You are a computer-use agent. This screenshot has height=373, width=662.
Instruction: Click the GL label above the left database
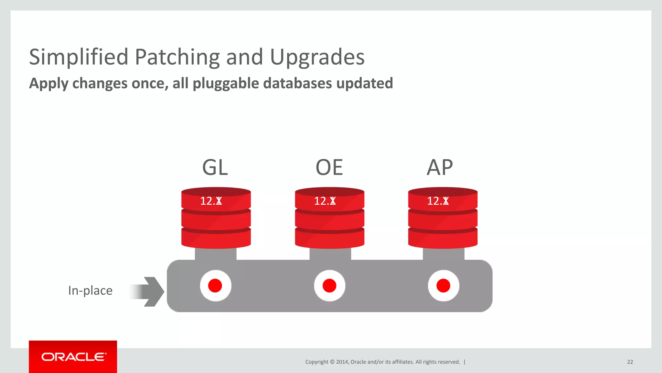[215, 167]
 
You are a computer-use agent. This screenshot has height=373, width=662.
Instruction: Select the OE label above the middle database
[329, 167]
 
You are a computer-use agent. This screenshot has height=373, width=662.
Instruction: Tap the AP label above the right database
[440, 167]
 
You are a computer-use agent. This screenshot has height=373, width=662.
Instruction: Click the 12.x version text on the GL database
[211, 201]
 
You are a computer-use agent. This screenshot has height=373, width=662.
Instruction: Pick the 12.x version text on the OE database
[325, 201]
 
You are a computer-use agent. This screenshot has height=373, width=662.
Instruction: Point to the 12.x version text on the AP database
[438, 201]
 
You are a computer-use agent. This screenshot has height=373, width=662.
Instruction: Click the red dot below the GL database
[215, 286]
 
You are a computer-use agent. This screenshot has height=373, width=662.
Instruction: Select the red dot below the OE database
[329, 286]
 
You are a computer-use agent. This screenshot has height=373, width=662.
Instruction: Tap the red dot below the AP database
[443, 286]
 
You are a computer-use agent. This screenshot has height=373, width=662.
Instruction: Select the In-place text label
[90, 290]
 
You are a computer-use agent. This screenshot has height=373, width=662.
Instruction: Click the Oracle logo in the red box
[73, 357]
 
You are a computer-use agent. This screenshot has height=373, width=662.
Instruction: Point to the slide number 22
[630, 362]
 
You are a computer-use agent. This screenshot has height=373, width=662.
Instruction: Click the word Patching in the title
[177, 57]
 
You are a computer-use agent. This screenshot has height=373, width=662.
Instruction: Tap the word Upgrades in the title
[317, 57]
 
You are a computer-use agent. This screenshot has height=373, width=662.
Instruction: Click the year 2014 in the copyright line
[342, 362]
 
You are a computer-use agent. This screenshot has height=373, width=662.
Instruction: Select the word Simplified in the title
[79, 57]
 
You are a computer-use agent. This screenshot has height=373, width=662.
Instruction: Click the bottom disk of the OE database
[329, 239]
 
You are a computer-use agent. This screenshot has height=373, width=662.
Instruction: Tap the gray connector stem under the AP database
[443, 254]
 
